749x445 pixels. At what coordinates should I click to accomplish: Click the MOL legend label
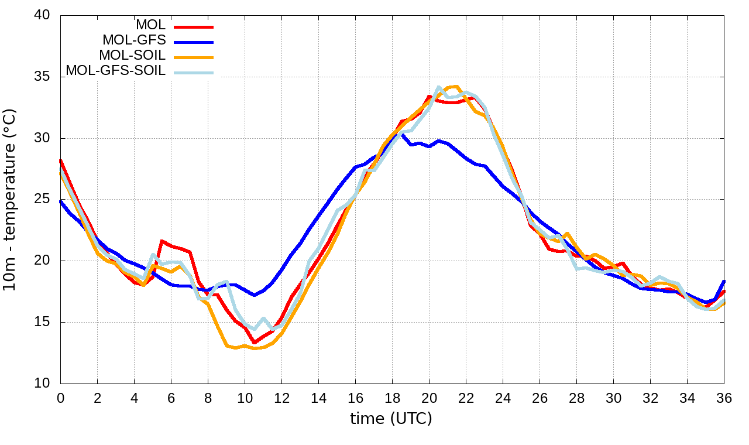(151, 25)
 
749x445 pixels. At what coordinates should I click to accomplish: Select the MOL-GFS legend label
(134, 40)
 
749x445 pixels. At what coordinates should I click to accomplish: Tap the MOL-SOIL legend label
(132, 56)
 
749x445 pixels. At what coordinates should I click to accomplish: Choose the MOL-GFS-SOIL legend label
(116, 71)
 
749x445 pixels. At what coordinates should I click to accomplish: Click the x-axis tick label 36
(724, 398)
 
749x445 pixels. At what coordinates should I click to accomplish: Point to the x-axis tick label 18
(392, 398)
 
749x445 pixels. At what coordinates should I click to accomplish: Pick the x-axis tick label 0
(60, 398)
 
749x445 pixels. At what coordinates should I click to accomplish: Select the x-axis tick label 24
(503, 398)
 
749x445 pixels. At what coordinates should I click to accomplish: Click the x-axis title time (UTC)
(391, 419)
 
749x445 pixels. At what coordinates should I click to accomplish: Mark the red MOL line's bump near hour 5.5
(162, 241)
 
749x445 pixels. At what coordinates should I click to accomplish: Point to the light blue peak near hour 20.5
(439, 87)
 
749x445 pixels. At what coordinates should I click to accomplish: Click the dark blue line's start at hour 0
(61, 201)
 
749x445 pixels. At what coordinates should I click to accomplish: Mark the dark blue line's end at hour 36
(724, 282)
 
